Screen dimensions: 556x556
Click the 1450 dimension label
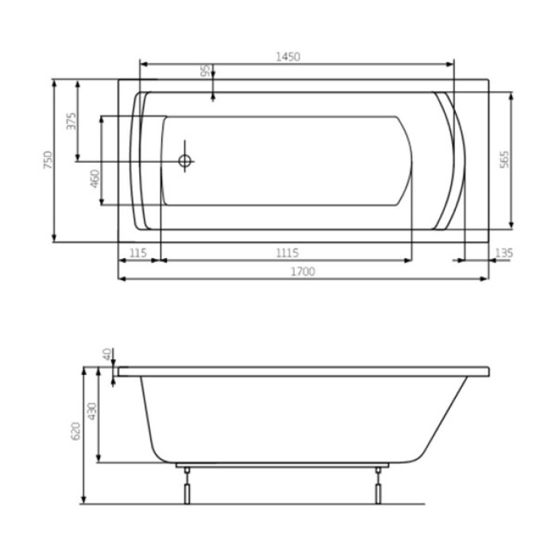287,56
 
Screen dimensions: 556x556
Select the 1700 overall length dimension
303,271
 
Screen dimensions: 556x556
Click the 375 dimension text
71,121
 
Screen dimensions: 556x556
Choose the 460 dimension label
95,178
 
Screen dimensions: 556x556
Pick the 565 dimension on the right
504,159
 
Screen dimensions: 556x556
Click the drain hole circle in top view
185,161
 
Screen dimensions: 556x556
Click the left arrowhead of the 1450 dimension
143,64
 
